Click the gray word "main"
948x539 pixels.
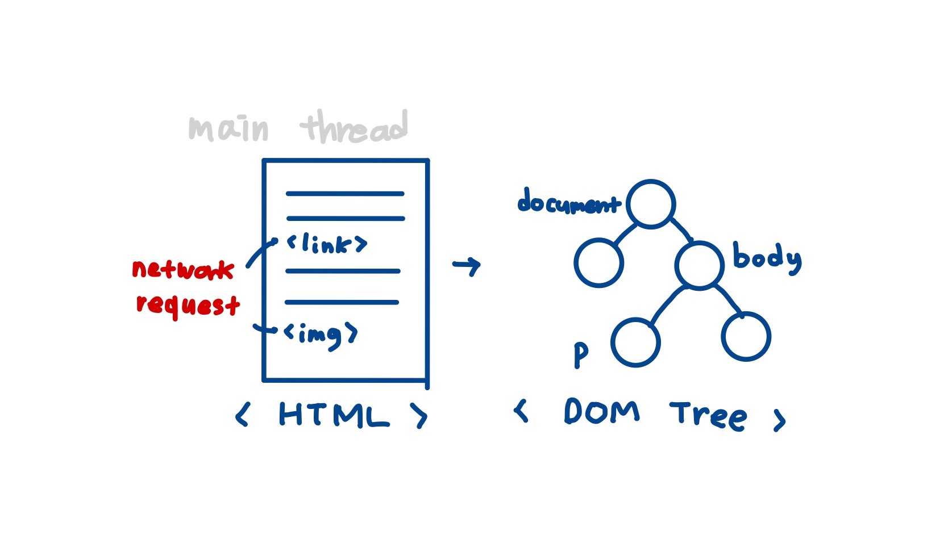(228, 129)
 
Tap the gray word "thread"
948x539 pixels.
(355, 127)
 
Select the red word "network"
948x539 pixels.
(183, 269)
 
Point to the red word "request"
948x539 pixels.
(188, 304)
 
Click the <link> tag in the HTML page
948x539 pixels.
(327, 244)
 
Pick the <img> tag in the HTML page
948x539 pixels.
(321, 335)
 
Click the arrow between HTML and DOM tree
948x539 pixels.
(467, 265)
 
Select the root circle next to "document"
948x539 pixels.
(651, 204)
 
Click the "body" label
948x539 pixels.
(767, 258)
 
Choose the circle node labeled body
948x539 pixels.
(699, 265)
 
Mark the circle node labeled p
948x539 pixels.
(635, 342)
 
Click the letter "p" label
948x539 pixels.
(580, 355)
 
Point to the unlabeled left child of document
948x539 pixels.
(598, 262)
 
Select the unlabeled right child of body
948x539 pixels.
(746, 336)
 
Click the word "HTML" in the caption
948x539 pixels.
(334, 415)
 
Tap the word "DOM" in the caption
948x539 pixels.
(601, 411)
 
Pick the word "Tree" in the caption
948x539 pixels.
(708, 416)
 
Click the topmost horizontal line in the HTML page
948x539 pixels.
(345, 194)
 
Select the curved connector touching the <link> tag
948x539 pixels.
(260, 252)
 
